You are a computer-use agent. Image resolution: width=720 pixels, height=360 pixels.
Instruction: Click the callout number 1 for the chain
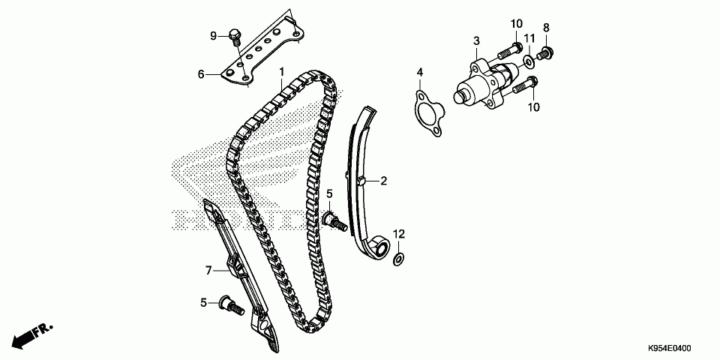pyautogui.click(x=282, y=71)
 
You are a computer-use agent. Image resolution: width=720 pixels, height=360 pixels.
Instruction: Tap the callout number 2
pyautogui.click(x=383, y=181)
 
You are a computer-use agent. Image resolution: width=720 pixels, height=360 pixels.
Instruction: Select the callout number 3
pyautogui.click(x=475, y=40)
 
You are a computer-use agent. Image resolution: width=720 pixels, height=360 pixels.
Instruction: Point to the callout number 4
pyautogui.click(x=420, y=72)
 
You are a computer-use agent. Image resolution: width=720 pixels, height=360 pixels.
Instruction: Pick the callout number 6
pyautogui.click(x=201, y=74)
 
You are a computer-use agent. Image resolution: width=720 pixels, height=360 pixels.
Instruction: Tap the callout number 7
pyautogui.click(x=210, y=269)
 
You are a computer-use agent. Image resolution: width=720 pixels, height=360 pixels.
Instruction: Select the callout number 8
pyautogui.click(x=546, y=28)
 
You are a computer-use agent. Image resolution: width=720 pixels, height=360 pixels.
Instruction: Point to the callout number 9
pyautogui.click(x=213, y=35)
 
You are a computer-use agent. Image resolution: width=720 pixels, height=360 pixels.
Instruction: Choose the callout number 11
pyautogui.click(x=529, y=39)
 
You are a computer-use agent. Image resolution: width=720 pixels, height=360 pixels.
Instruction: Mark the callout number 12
pyautogui.click(x=399, y=234)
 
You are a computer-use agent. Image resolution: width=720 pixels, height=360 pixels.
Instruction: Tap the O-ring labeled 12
pyautogui.click(x=399, y=259)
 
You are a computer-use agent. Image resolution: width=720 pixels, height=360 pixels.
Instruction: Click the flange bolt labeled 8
pyautogui.click(x=545, y=53)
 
